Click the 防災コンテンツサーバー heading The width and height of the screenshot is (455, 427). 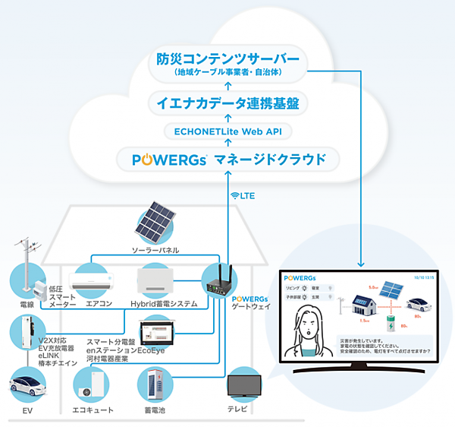(x=228, y=58)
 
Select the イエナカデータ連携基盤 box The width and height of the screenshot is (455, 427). (x=227, y=102)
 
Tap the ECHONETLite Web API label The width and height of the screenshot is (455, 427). (x=228, y=131)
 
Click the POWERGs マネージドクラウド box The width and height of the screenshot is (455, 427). (x=228, y=160)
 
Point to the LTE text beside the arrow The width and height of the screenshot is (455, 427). (x=245, y=195)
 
